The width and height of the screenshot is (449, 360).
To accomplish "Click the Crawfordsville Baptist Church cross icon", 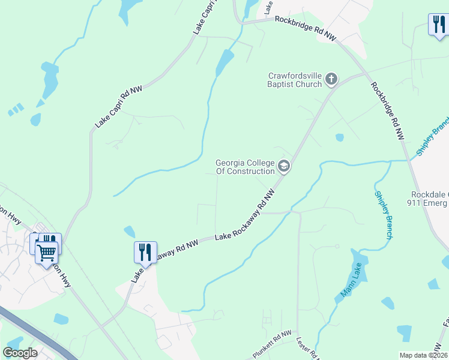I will [331, 79].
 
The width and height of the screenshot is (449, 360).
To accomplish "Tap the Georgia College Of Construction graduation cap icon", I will [284, 166].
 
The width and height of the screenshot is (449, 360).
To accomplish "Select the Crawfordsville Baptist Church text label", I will [295, 80].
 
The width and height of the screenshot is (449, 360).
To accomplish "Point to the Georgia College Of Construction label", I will [245, 167].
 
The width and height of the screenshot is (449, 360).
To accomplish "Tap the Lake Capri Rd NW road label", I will [119, 107].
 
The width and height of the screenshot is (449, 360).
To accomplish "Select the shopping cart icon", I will [47, 252].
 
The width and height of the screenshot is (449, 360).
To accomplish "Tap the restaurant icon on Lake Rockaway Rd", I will [145, 251].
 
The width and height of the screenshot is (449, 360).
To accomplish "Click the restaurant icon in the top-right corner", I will [438, 25].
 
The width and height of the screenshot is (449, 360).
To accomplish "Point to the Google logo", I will [20, 353].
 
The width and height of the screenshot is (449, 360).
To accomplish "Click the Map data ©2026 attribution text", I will [423, 355].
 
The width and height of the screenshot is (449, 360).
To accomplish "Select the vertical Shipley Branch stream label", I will [383, 215].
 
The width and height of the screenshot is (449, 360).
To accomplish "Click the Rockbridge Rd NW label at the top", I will [305, 28].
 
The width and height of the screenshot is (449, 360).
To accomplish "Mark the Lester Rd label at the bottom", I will [306, 348].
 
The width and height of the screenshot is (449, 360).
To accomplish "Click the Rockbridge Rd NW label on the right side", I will [388, 112].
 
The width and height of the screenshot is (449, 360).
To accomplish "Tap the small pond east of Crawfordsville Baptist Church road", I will [340, 137].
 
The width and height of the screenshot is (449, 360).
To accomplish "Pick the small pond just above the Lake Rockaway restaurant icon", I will [129, 231].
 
